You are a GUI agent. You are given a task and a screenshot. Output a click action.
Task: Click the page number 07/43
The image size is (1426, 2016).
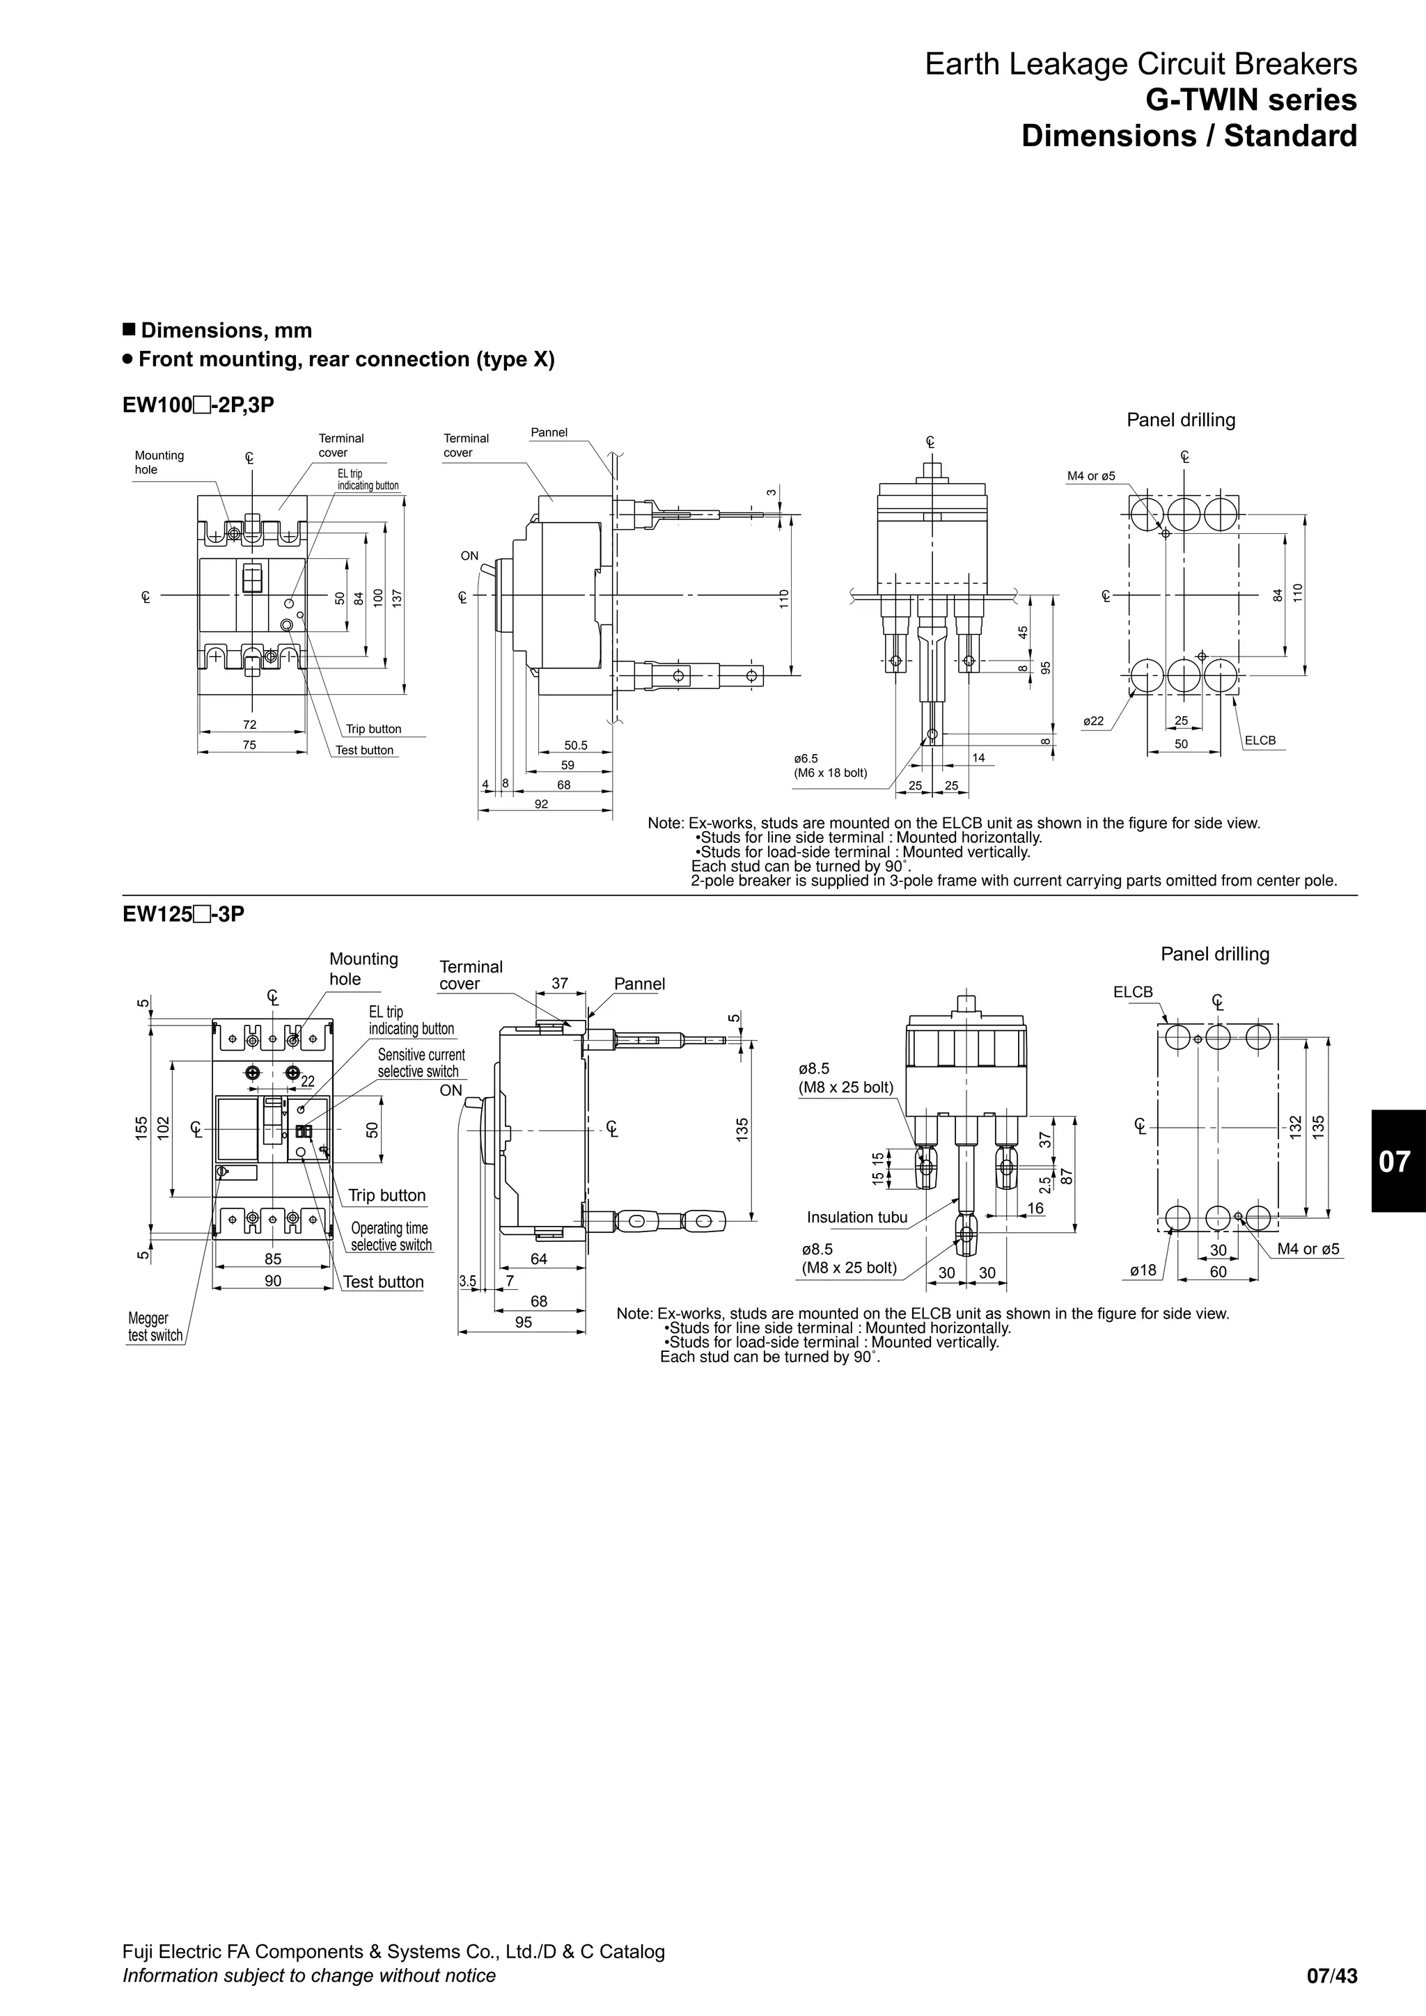coord(1331,1976)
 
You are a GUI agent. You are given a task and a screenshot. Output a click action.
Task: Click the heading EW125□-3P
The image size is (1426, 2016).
coord(184,914)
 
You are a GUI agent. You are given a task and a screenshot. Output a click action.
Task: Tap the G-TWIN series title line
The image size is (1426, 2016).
coord(1251,100)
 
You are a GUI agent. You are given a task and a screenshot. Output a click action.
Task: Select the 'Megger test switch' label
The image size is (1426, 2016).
coord(155,1327)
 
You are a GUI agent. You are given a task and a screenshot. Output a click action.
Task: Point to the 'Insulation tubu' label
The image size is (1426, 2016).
coord(857,1217)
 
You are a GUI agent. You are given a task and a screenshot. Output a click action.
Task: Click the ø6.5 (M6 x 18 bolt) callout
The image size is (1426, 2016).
coord(830,766)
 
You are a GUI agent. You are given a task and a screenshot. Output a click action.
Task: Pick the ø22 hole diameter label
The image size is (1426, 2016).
coord(1093,721)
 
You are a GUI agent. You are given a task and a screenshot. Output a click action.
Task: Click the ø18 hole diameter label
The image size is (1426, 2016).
coord(1143,1270)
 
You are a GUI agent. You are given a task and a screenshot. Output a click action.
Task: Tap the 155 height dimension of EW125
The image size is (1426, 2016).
coord(141,1128)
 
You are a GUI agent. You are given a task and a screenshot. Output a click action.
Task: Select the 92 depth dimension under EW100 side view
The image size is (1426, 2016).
coord(542,804)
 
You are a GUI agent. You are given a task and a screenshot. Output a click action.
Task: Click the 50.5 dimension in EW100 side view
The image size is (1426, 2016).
coord(575,746)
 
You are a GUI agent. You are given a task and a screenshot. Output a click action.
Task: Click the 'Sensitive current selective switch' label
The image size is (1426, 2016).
coord(421,1062)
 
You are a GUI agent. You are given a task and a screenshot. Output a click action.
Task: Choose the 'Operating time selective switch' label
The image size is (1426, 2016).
coord(391,1236)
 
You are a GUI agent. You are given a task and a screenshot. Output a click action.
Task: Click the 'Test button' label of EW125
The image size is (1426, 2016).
coord(383,1282)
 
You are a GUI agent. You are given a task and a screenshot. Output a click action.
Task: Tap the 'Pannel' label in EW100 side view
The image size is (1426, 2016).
coord(549,432)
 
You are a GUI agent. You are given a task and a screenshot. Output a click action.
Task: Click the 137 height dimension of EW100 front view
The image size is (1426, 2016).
coord(397,598)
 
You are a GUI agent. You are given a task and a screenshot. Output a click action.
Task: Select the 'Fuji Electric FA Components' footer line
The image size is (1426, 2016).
coord(393,1952)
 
